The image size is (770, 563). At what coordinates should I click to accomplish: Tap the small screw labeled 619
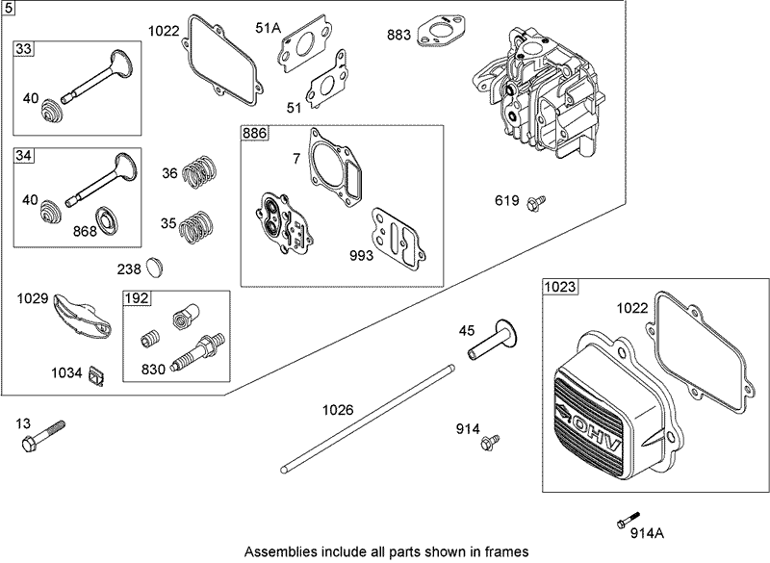(534, 201)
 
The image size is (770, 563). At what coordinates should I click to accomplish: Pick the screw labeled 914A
(629, 520)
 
